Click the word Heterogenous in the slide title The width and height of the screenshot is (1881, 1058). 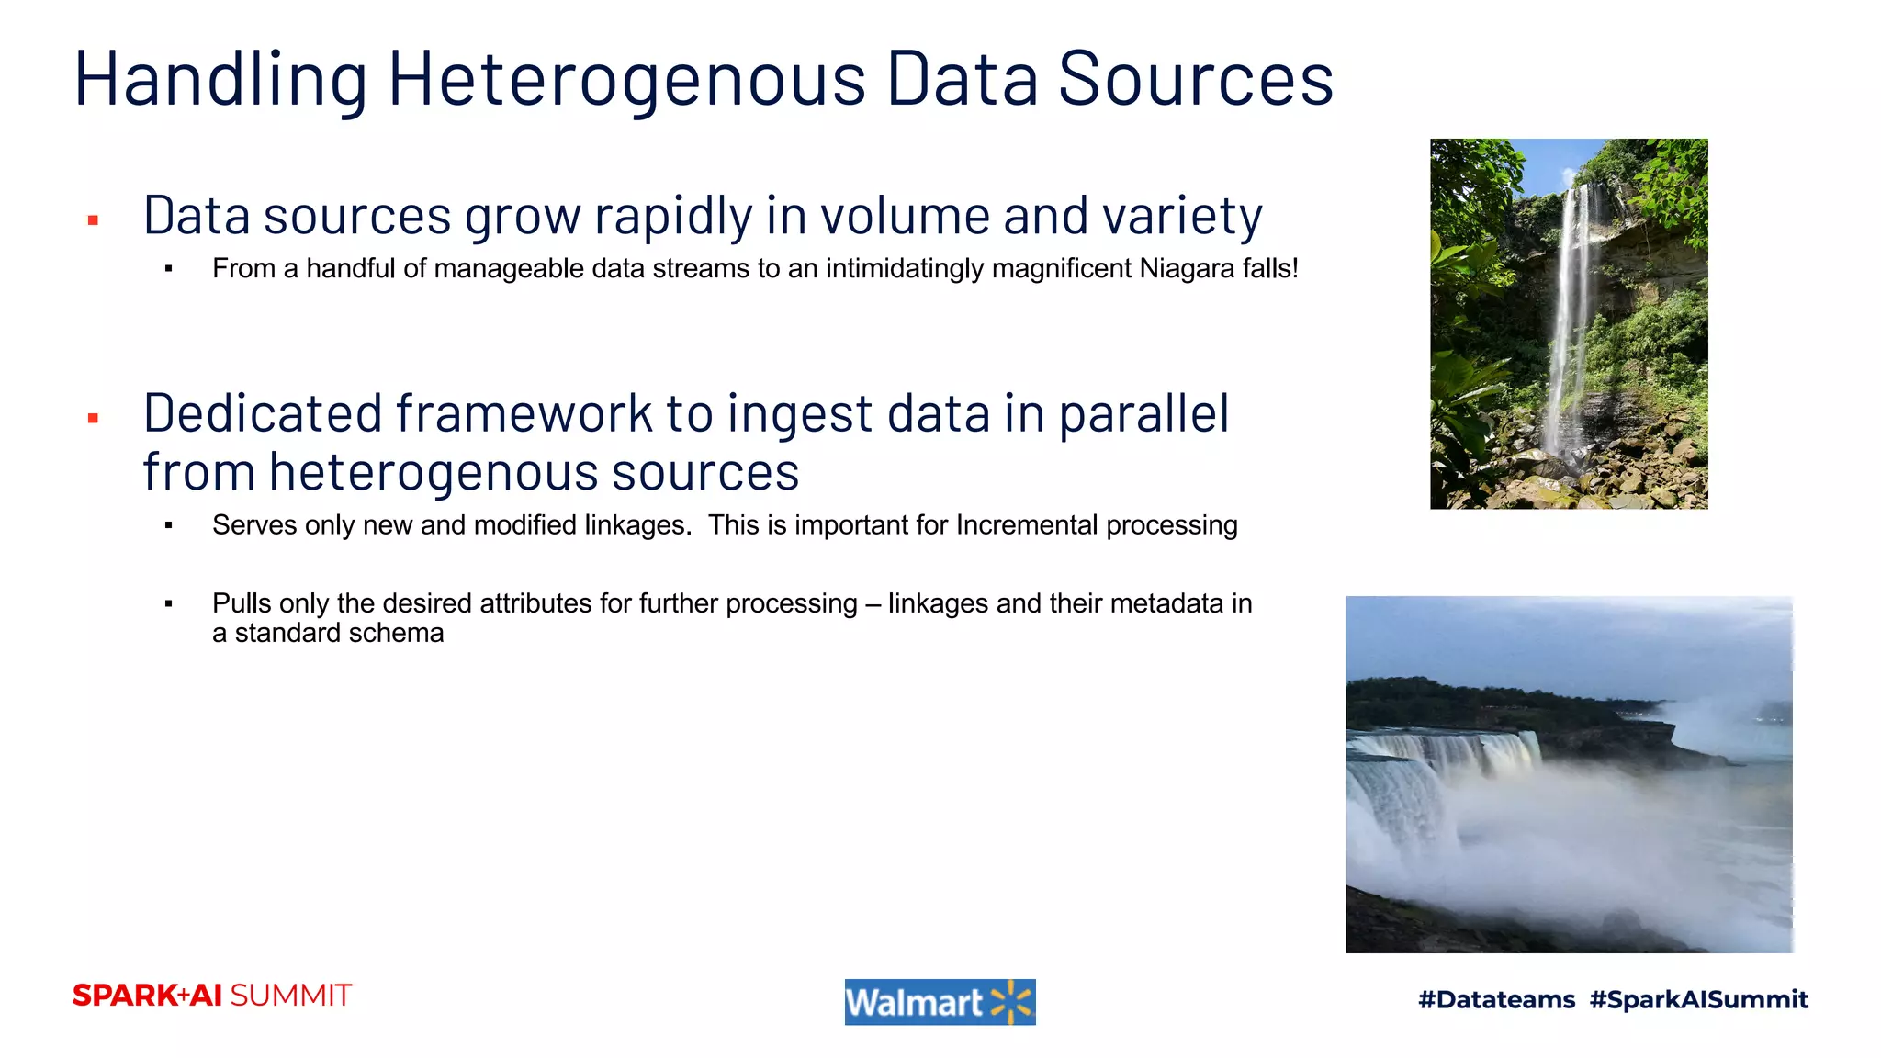(626, 81)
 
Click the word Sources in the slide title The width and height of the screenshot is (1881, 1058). (1195, 81)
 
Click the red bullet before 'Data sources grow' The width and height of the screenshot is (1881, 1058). (93, 220)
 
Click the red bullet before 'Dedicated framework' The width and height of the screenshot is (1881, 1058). (93, 419)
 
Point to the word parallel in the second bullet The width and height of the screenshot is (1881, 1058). (1143, 415)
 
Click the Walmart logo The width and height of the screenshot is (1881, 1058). (940, 1002)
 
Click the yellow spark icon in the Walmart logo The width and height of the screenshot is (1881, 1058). (1011, 1002)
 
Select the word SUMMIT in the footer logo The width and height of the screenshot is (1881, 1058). (290, 996)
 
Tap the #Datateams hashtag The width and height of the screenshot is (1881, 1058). (1496, 999)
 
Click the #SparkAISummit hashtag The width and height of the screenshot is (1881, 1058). (1698, 999)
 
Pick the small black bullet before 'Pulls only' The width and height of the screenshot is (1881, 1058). (169, 604)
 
